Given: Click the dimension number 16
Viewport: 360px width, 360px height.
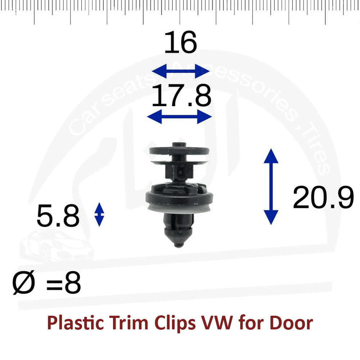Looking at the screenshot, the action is point(180,42).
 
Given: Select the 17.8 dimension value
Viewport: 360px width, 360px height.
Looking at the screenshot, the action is point(181,95).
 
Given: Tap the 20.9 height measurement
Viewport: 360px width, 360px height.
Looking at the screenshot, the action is point(323,197).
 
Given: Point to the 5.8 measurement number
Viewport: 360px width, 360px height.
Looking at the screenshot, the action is point(58,216).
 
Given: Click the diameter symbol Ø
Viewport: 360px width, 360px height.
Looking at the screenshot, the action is point(24,282).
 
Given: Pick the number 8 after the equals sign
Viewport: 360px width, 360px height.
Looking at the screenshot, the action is point(73,283).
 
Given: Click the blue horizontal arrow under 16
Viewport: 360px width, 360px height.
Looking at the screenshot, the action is point(181,71).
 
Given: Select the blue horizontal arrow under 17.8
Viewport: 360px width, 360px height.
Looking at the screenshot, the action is point(179,117).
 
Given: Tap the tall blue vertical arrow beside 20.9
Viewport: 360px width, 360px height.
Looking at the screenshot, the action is point(271,186).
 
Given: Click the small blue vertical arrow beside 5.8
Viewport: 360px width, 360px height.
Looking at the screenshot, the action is point(99,215).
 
